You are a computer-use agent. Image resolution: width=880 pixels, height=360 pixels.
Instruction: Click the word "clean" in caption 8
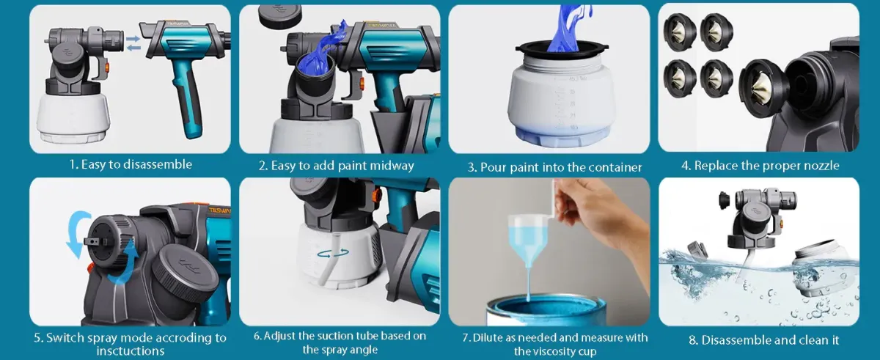797,340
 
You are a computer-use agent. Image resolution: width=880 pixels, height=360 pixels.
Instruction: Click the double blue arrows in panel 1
133,43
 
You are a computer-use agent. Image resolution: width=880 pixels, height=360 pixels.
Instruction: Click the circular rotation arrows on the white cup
333,254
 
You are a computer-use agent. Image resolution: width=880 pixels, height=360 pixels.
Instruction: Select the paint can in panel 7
547,311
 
